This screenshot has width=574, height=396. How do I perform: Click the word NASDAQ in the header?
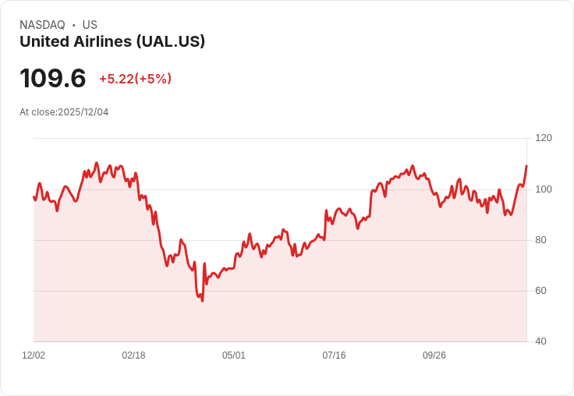(x=42, y=25)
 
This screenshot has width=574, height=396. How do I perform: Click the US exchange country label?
(x=90, y=25)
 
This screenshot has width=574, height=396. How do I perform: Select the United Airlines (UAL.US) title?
(x=112, y=41)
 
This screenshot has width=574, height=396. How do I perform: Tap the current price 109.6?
(x=52, y=79)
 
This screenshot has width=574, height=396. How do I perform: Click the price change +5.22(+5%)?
(x=135, y=79)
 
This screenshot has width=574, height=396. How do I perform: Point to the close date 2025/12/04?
(x=83, y=112)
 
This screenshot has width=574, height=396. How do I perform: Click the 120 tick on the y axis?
(x=544, y=138)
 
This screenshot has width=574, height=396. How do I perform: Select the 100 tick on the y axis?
(x=544, y=189)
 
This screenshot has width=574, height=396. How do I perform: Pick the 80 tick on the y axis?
(x=541, y=240)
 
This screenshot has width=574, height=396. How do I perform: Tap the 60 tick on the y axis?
(x=541, y=291)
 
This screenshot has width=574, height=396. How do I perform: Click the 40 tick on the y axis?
(x=541, y=341)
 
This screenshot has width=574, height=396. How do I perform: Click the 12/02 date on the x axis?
(x=34, y=355)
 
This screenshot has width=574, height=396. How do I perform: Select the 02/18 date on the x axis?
(x=133, y=355)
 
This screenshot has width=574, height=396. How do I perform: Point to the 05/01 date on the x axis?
(x=234, y=355)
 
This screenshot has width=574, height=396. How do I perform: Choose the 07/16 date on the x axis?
(x=334, y=355)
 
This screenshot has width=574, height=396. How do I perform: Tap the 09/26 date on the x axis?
(x=434, y=355)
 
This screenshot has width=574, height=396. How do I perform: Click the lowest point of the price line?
(x=202, y=301)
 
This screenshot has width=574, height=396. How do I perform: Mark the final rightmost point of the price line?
(x=526, y=165)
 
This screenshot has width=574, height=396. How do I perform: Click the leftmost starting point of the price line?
(x=34, y=196)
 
